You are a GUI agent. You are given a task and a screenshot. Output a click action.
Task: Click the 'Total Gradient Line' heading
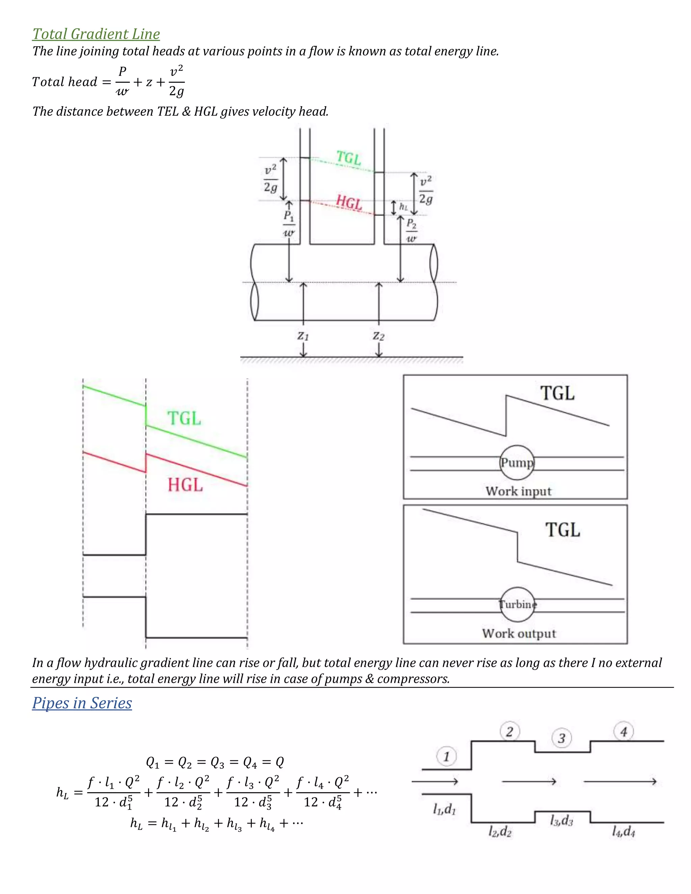96,34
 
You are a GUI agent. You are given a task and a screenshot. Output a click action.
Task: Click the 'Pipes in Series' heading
82,703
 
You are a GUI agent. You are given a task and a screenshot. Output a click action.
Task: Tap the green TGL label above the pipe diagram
348,158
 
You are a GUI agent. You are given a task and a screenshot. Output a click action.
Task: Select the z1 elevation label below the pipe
303,336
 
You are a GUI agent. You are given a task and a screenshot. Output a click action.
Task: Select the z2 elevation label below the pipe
379,336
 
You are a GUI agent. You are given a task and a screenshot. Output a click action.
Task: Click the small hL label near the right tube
404,207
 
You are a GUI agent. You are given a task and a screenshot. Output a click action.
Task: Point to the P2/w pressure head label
411,230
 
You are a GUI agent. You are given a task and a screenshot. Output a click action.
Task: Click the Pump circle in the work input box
517,463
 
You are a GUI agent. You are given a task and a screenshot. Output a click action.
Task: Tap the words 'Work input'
518,491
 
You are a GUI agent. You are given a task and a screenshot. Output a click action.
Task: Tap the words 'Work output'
519,633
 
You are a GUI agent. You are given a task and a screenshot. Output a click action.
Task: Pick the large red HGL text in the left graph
185,485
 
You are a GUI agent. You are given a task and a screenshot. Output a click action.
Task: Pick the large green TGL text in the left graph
184,418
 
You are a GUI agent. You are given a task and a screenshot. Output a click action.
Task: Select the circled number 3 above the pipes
562,738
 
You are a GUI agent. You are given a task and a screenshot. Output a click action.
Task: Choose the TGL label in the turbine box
562,530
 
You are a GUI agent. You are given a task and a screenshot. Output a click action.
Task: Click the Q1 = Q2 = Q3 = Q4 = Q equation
215,762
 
